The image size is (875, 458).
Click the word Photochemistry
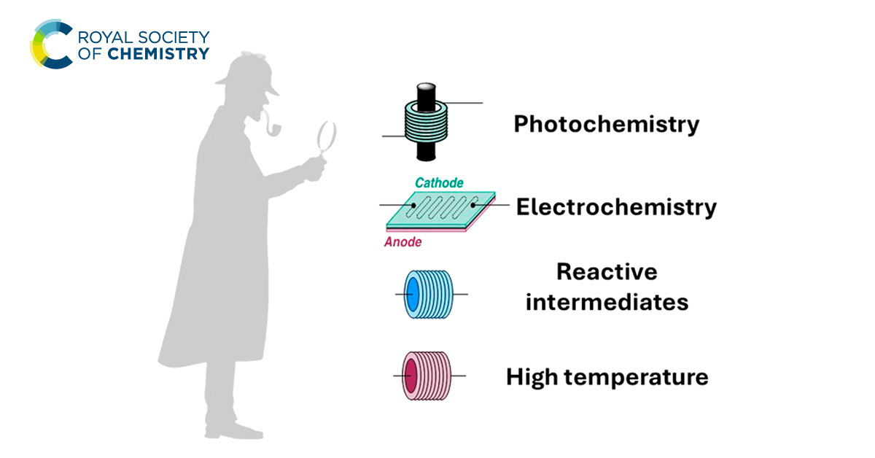[x=606, y=125]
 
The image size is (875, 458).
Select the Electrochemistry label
[x=616, y=208]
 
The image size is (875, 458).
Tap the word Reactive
[x=607, y=273]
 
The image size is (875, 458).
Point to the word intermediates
[x=607, y=301]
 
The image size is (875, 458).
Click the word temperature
[x=637, y=378]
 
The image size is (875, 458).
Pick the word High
[x=533, y=377]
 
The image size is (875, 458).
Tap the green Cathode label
[x=439, y=182]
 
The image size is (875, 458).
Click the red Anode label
[x=402, y=242]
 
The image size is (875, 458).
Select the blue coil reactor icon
[x=429, y=295]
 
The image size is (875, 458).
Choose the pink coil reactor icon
[x=427, y=376]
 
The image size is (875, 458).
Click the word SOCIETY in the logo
[x=175, y=36]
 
